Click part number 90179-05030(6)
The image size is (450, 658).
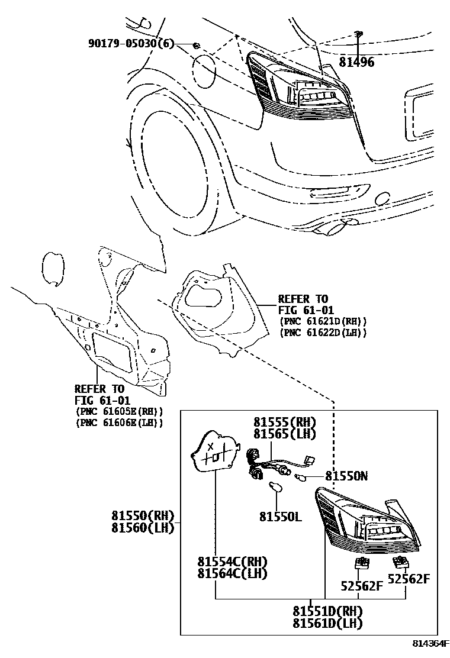131,44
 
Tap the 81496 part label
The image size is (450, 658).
356,62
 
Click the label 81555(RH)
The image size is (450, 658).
285,422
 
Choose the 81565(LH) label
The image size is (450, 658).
285,434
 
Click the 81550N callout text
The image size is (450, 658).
346,476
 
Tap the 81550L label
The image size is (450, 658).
279,517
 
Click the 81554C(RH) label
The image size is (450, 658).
232,562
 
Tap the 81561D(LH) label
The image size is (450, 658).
327,622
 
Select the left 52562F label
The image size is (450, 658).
362,586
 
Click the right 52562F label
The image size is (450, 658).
409,579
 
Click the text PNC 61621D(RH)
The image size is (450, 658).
323,321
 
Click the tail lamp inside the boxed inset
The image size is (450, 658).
367,521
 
